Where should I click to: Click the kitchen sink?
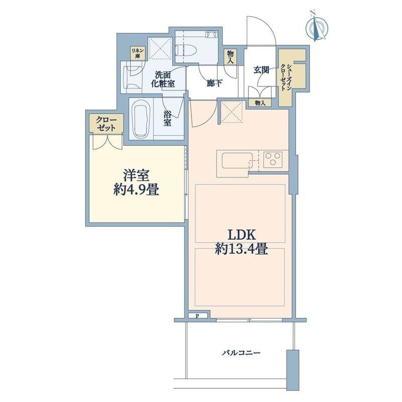click(x=237, y=162)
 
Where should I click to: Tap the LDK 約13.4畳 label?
click(x=241, y=242)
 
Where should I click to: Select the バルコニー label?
click(x=241, y=353)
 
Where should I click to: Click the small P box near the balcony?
click(x=197, y=316)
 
